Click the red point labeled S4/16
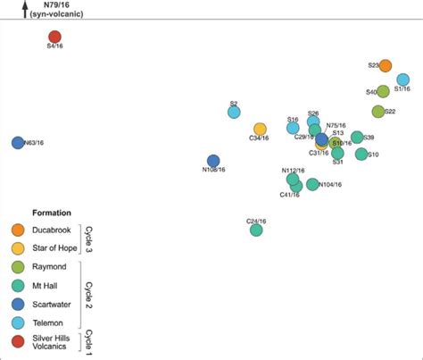point(55,36)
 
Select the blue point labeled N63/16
point(18,143)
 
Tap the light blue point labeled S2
point(234,113)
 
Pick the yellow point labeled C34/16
point(260,130)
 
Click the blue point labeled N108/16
point(213,161)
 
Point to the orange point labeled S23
point(386,65)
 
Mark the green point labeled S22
point(377,112)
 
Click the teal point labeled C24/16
point(256,230)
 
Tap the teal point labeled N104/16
point(312,185)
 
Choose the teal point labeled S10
point(361,155)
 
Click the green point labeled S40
point(383,91)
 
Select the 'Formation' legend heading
point(51,213)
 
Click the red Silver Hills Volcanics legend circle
point(18,341)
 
